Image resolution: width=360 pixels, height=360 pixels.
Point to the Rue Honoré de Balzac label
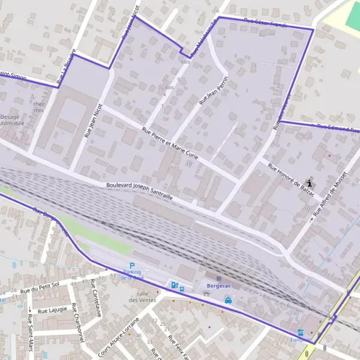click(292, 178)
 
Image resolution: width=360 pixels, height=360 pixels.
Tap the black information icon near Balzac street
click(310, 184)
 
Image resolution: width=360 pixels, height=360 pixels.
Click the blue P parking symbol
click(132, 266)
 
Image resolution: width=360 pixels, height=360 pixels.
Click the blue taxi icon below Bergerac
click(228, 301)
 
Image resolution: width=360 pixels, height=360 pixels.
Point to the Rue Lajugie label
click(52, 311)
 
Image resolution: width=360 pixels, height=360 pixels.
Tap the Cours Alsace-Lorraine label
click(118, 334)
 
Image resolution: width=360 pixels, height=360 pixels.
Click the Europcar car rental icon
click(300, 332)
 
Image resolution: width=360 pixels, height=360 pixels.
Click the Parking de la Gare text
click(132, 275)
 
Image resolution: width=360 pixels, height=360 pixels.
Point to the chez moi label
click(39, 107)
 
